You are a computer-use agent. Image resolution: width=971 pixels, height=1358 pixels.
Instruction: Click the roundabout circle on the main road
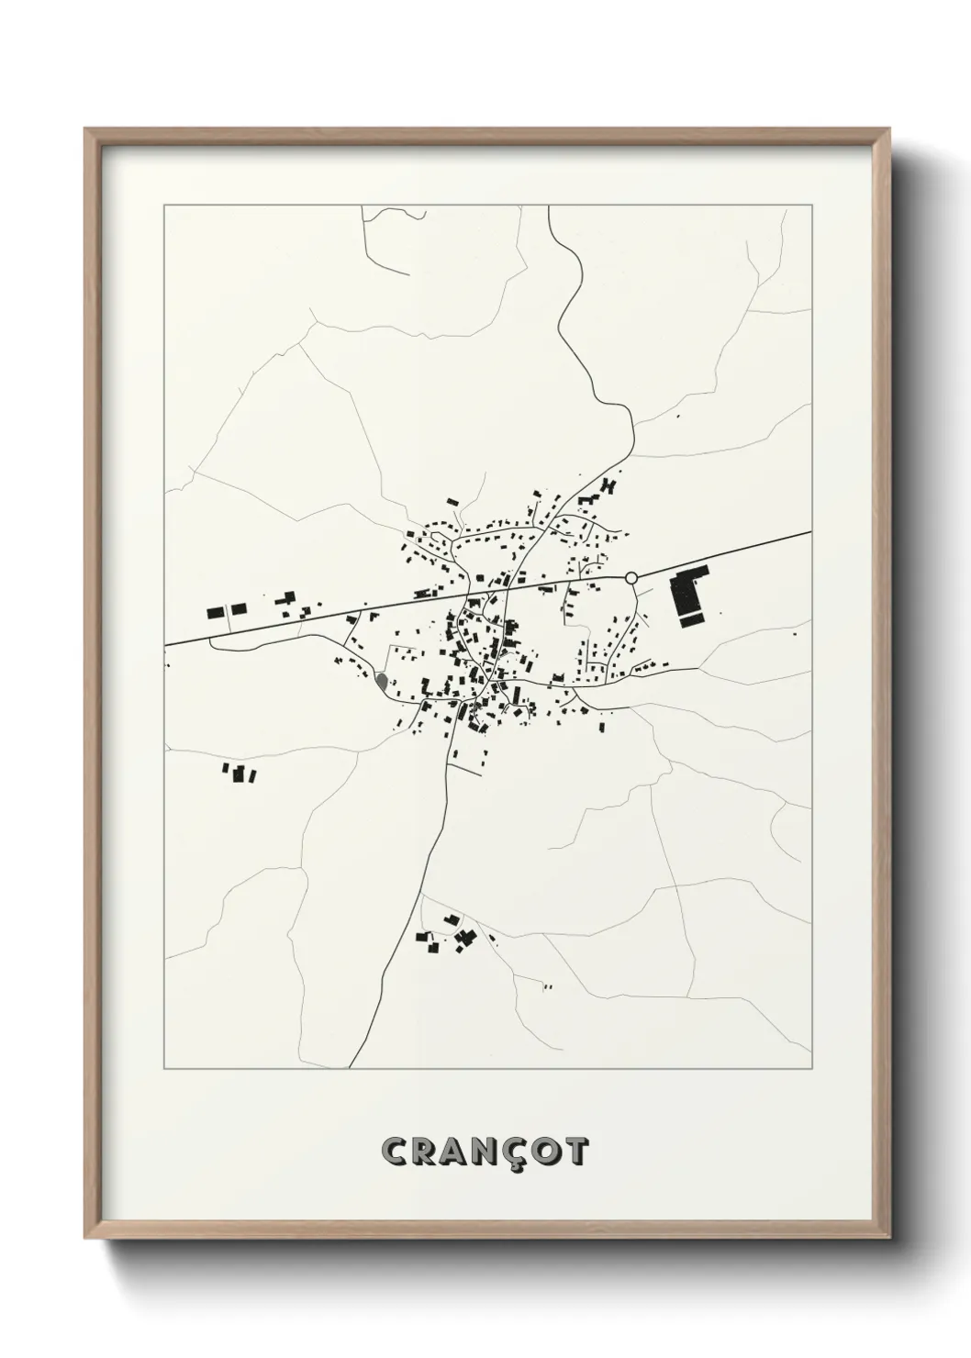tap(631, 577)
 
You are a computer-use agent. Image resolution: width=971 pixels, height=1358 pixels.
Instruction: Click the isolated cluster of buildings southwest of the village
tap(240, 774)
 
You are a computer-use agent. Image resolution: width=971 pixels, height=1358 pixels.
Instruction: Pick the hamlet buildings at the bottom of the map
tap(450, 934)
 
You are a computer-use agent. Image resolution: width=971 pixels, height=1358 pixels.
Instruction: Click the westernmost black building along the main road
tap(216, 612)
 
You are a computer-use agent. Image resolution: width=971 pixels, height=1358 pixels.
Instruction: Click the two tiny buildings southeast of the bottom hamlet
tap(547, 987)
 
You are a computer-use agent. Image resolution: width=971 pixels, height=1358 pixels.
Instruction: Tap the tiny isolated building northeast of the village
tap(678, 417)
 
